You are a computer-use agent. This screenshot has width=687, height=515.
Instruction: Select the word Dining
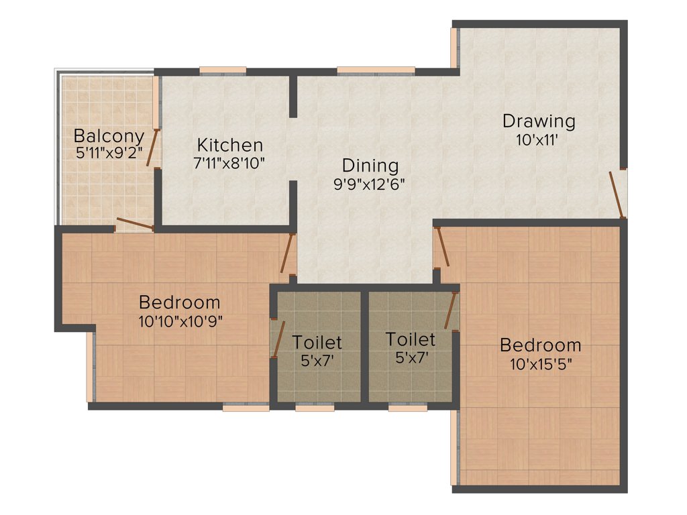pyautogui.click(x=370, y=166)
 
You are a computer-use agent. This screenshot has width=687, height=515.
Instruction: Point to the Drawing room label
pyautogui.click(x=539, y=121)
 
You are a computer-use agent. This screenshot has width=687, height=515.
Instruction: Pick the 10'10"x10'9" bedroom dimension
pyautogui.click(x=180, y=321)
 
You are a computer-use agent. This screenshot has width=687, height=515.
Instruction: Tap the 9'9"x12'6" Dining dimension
pyautogui.click(x=370, y=184)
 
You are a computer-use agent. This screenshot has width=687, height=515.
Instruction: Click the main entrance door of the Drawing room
pyautogui.click(x=617, y=194)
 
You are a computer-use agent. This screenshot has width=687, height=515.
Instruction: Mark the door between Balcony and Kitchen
pyautogui.click(x=154, y=147)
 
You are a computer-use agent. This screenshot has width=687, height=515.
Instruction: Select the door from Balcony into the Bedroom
pyautogui.click(x=135, y=224)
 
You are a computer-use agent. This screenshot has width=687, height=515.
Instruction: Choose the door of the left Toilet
pyautogui.click(x=276, y=339)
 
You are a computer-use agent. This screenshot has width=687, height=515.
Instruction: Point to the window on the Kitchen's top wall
pyautogui.click(x=223, y=70)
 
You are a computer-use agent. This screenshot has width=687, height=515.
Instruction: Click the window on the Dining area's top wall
pyautogui.click(x=375, y=70)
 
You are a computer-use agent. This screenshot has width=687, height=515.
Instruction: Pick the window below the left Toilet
pyautogui.click(x=315, y=407)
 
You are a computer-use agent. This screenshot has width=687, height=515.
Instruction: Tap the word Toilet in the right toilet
pyautogui.click(x=411, y=339)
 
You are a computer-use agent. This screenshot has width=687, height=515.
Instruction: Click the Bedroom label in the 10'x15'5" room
pyautogui.click(x=540, y=345)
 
